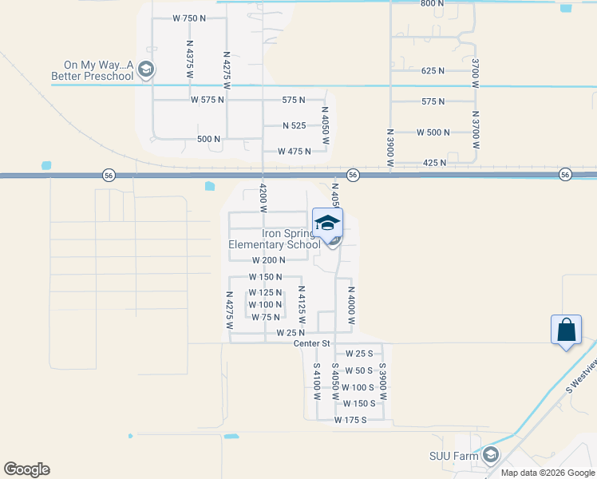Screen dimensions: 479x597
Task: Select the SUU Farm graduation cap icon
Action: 490,456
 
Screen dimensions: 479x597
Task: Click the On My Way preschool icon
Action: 145,70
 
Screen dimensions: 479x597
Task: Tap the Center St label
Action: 312,343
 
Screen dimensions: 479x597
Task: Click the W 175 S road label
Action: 350,420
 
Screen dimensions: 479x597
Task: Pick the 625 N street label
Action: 433,71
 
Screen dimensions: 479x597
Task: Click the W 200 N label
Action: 268,260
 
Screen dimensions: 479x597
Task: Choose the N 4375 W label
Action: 190,60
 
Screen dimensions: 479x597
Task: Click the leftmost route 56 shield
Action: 108,175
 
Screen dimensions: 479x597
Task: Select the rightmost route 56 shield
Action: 565,175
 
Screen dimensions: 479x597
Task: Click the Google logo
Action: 26,469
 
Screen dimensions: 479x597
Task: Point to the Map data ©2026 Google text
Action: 547,473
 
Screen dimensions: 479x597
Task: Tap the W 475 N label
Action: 295,151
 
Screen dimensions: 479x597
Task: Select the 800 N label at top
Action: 432,4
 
